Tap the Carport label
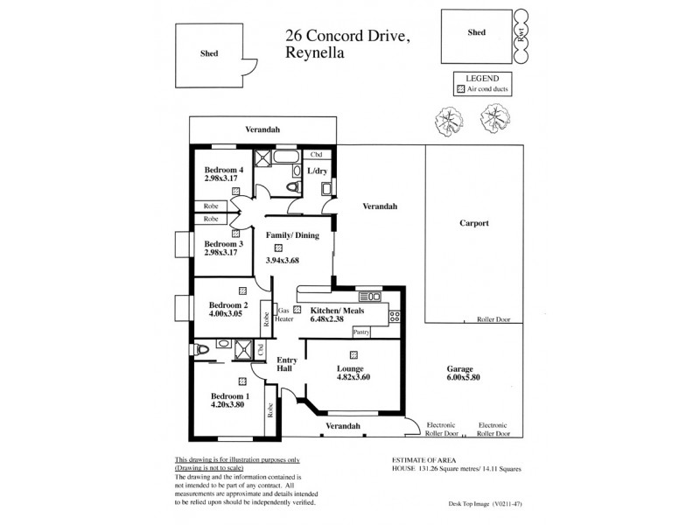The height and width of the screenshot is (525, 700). pyautogui.click(x=473, y=223)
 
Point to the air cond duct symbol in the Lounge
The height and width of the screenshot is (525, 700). pyautogui.click(x=353, y=354)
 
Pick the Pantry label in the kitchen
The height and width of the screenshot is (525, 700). pyautogui.click(x=360, y=332)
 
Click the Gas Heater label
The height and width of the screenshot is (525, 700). pyautogui.click(x=284, y=315)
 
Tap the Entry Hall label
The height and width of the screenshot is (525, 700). pyautogui.click(x=287, y=366)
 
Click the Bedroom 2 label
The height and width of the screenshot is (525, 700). pyautogui.click(x=228, y=305)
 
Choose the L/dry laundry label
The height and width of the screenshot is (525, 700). pyautogui.click(x=316, y=171)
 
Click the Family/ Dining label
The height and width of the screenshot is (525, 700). pyautogui.click(x=292, y=235)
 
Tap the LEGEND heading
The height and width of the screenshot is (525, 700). pyautogui.click(x=482, y=77)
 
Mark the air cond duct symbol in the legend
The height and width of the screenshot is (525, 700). pyautogui.click(x=460, y=89)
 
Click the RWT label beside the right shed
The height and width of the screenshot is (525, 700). pyautogui.click(x=520, y=36)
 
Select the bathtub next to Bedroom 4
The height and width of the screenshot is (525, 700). pyautogui.click(x=285, y=158)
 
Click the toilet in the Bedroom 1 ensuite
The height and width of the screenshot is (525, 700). pyautogui.click(x=204, y=349)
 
